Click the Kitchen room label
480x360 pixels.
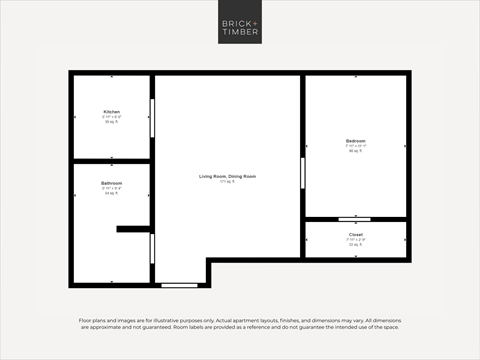point(111,111)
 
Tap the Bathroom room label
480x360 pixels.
point(111,183)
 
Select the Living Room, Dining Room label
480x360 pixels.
point(227,176)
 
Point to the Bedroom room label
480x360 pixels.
point(356,141)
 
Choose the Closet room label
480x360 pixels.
point(356,236)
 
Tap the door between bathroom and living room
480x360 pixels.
point(152,247)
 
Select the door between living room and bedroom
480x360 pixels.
point(303,171)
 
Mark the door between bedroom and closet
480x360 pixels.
point(354,219)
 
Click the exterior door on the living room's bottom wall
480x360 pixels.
point(179,285)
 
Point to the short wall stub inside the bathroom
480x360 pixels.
point(132,229)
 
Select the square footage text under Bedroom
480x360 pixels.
point(356,151)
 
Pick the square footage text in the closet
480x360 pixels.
point(356,245)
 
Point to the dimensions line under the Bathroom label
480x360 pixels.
point(111,188)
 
